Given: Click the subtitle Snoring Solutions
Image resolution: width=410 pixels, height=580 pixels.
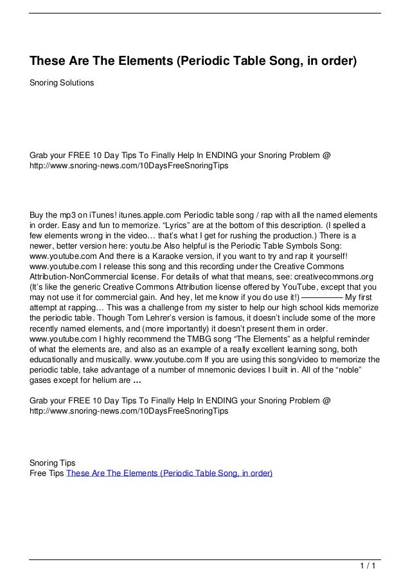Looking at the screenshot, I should (x=62, y=83).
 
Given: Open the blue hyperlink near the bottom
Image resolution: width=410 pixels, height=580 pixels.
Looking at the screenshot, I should (x=169, y=473).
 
